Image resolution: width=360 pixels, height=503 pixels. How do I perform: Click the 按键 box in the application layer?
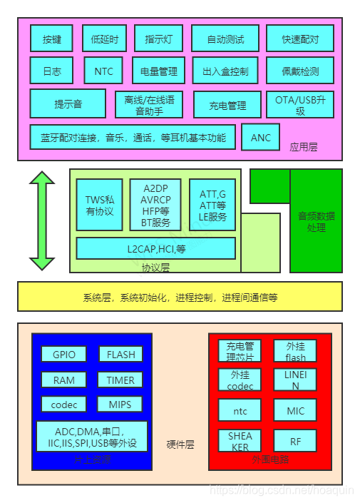(51, 39)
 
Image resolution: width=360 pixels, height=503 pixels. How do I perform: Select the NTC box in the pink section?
(103, 71)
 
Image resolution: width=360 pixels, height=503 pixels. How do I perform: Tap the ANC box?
(261, 137)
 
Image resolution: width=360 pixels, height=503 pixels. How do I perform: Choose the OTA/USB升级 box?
(300, 105)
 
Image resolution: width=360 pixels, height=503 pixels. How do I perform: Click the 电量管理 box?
(158, 71)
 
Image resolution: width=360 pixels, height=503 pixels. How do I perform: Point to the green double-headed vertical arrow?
(42, 220)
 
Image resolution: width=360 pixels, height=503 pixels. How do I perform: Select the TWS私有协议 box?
(100, 205)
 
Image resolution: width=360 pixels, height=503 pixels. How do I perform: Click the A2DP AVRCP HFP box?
(155, 205)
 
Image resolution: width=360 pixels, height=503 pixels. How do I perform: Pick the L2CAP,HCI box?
(156, 248)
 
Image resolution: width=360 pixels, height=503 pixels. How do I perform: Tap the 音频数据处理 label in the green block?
(316, 221)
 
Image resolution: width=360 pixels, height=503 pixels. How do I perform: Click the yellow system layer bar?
(180, 297)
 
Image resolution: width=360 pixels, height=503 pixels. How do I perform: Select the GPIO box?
(64, 354)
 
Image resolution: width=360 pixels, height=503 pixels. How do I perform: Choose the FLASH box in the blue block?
(120, 354)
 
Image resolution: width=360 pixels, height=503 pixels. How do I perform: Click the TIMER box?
(120, 380)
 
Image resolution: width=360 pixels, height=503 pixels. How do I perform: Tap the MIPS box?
(120, 405)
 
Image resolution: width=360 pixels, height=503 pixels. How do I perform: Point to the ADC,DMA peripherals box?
(91, 437)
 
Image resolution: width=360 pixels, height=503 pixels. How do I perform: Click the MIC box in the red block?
(295, 410)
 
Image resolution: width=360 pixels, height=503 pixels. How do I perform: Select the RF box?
(295, 442)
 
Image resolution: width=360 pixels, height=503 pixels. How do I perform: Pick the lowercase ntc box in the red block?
(240, 410)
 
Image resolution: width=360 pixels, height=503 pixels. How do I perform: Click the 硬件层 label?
(180, 444)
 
